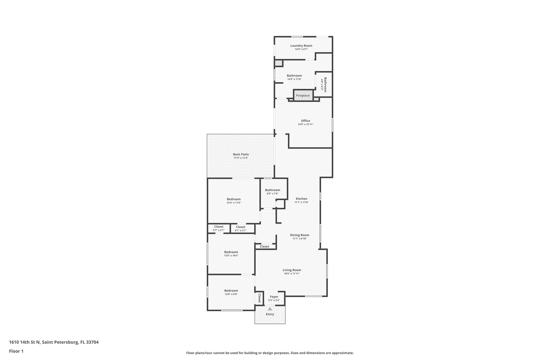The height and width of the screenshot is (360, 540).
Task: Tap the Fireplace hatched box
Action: pyautogui.click(x=303, y=95)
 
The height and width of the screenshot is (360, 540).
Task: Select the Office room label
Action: pyautogui.click(x=305, y=121)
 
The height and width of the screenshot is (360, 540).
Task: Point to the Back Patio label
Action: pyautogui.click(x=241, y=155)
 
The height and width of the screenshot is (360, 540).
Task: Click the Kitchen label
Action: pyautogui.click(x=301, y=199)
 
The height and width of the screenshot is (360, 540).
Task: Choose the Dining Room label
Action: pyautogui.click(x=300, y=235)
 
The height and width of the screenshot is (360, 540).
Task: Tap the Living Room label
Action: pyautogui.click(x=292, y=270)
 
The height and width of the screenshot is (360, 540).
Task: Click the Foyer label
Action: pyautogui.click(x=274, y=297)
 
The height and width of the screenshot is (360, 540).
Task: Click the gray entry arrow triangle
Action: pyautogui.click(x=270, y=309)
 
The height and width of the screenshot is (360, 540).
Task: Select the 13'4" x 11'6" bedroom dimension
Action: pyautogui.click(x=234, y=203)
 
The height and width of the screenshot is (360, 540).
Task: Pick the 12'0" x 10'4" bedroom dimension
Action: pyautogui.click(x=231, y=256)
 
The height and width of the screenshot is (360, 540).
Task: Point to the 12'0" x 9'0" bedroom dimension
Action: pyautogui.click(x=231, y=294)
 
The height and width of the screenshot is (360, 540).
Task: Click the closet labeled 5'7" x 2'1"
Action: pyautogui.click(x=219, y=228)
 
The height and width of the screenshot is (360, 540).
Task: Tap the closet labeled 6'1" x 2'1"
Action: pyautogui.click(x=240, y=229)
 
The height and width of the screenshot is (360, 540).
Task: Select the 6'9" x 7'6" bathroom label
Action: pyautogui.click(x=272, y=192)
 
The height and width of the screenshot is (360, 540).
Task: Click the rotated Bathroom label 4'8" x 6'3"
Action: pyautogui.click(x=324, y=85)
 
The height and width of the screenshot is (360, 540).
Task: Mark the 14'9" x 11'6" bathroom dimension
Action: pyautogui.click(x=294, y=79)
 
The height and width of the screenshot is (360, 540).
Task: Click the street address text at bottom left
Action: pyautogui.click(x=54, y=342)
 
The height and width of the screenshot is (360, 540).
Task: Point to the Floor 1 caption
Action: pyautogui.click(x=16, y=351)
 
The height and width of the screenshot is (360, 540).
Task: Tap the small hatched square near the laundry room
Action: pyautogui.click(x=278, y=63)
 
